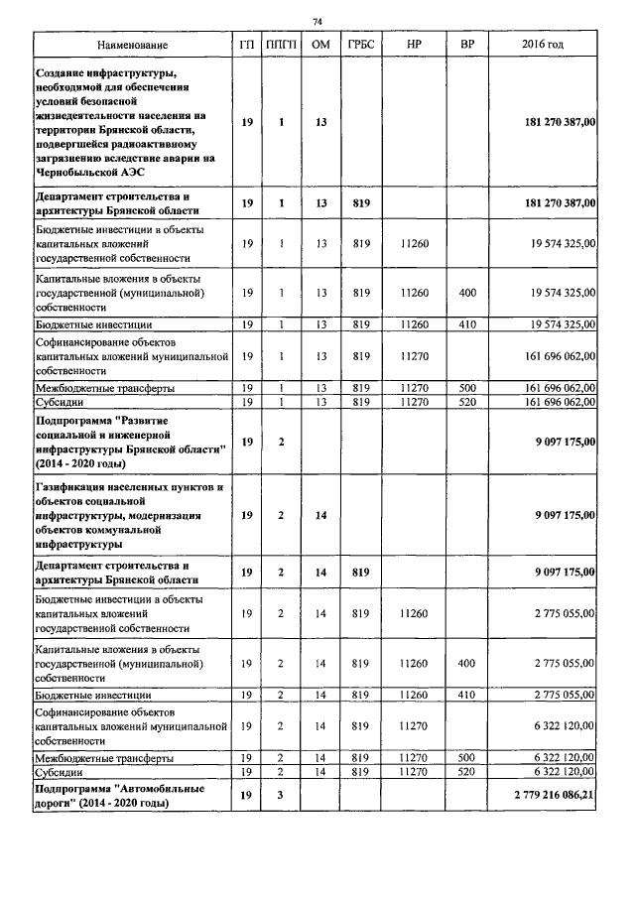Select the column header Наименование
[132, 46]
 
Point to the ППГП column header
[282, 46]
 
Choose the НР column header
[415, 46]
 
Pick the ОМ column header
[320, 46]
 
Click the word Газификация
[74, 488]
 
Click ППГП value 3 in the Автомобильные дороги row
[282, 796]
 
